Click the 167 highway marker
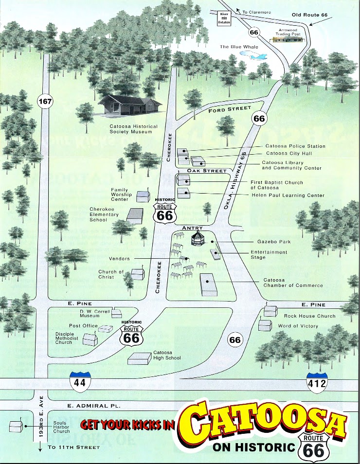pyautogui.click(x=45, y=102)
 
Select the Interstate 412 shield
pyautogui.click(x=317, y=382)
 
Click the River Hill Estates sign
pyautogui.click(x=224, y=18)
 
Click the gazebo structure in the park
pyautogui.click(x=198, y=239)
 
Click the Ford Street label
pyautogui.click(x=230, y=109)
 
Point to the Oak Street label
pyautogui.click(x=207, y=171)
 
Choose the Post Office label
pyautogui.click(x=84, y=326)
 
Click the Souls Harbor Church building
pyautogui.click(x=16, y=426)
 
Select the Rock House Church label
pyautogui.click(x=310, y=316)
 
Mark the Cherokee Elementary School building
pyautogui.click(x=135, y=215)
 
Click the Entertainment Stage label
pyautogui.click(x=269, y=254)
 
